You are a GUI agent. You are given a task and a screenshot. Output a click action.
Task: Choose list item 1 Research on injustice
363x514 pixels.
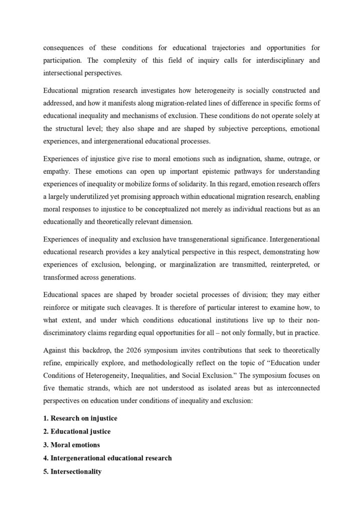coord(80,418)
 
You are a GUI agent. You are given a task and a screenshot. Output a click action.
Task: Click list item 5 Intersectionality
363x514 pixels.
coord(72,471)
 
